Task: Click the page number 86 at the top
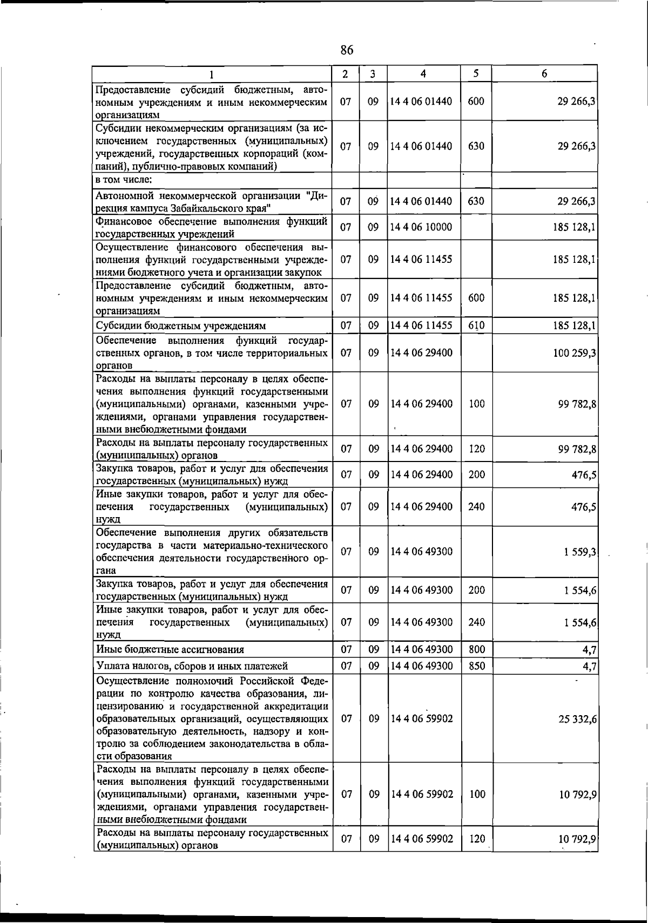[x=347, y=50]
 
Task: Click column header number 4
[x=424, y=73]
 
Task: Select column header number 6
[x=544, y=73]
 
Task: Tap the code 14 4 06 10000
[x=421, y=227]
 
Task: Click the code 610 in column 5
[x=476, y=325]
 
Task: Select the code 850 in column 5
[x=476, y=666]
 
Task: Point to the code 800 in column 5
[x=476, y=649]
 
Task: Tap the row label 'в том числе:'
[x=124, y=180]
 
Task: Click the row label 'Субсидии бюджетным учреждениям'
[x=181, y=326]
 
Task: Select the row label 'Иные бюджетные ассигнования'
[x=170, y=650]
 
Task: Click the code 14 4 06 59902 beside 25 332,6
[x=421, y=718]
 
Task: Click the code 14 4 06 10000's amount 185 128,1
[x=575, y=228]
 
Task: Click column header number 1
[x=212, y=74]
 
